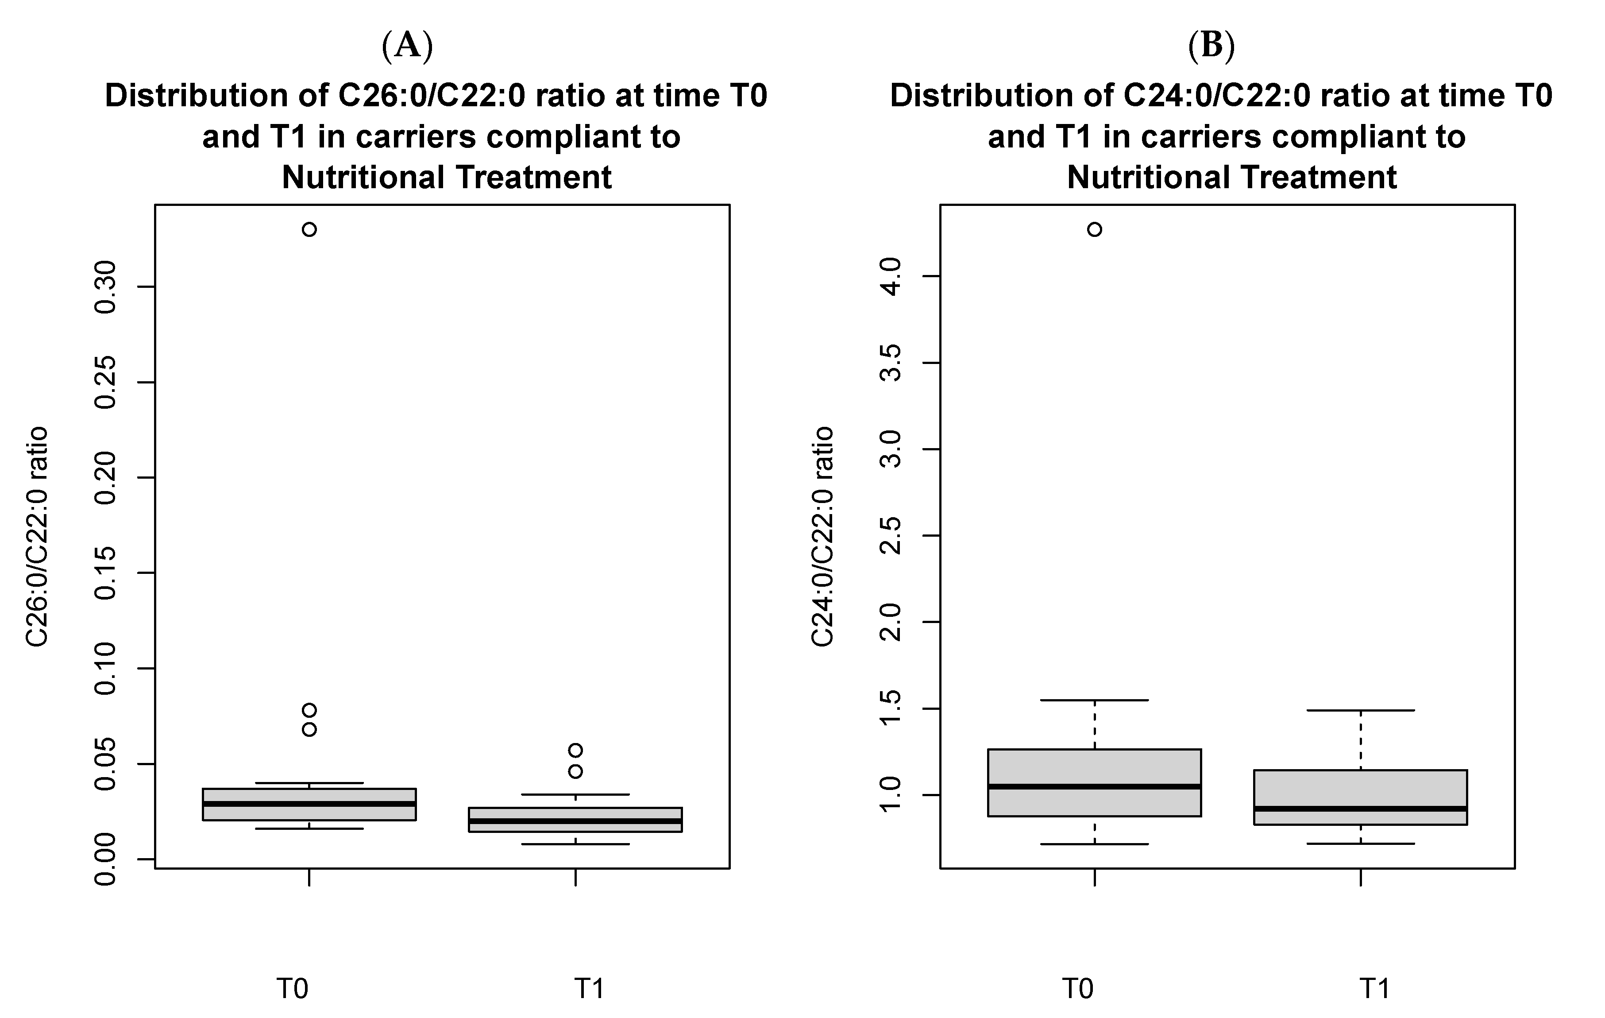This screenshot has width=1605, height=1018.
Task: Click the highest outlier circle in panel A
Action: coord(309,229)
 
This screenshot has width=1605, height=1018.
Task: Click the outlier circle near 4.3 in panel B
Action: coord(1095,229)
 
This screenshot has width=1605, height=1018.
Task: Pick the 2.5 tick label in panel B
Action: coord(891,535)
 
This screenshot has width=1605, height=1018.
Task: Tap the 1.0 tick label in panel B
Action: coord(891,795)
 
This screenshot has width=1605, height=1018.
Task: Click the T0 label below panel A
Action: coord(293,988)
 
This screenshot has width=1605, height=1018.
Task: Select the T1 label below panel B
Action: coord(1374,988)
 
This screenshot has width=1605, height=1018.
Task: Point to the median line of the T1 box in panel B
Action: coord(1360,808)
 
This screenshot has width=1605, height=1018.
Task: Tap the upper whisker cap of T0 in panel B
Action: coord(1095,700)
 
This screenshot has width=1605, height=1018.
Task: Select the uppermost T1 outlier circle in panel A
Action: coord(575,750)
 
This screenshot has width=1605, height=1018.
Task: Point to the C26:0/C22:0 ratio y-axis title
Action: coord(37,537)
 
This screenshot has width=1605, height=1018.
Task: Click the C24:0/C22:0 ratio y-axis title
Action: coord(822,537)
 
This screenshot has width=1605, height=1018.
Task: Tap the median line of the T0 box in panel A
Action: coord(309,803)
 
